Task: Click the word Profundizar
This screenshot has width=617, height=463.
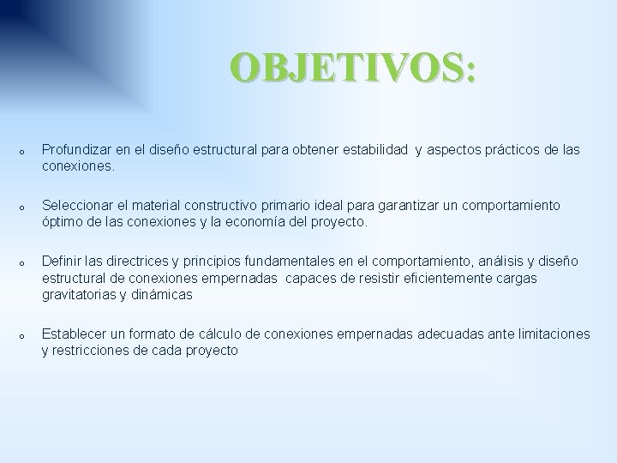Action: [79, 150]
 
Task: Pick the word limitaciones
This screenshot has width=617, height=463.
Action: [548, 334]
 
